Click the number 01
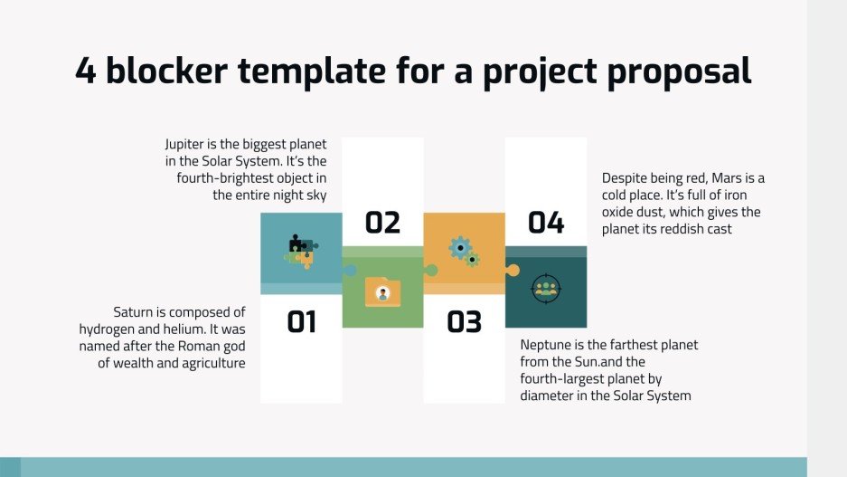[x=301, y=321]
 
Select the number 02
[x=382, y=223]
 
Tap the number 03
[x=464, y=321]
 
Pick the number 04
[x=546, y=223]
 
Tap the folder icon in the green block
[x=382, y=291]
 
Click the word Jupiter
[x=186, y=144]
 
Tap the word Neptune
[x=548, y=346]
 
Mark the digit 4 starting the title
[x=86, y=72]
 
